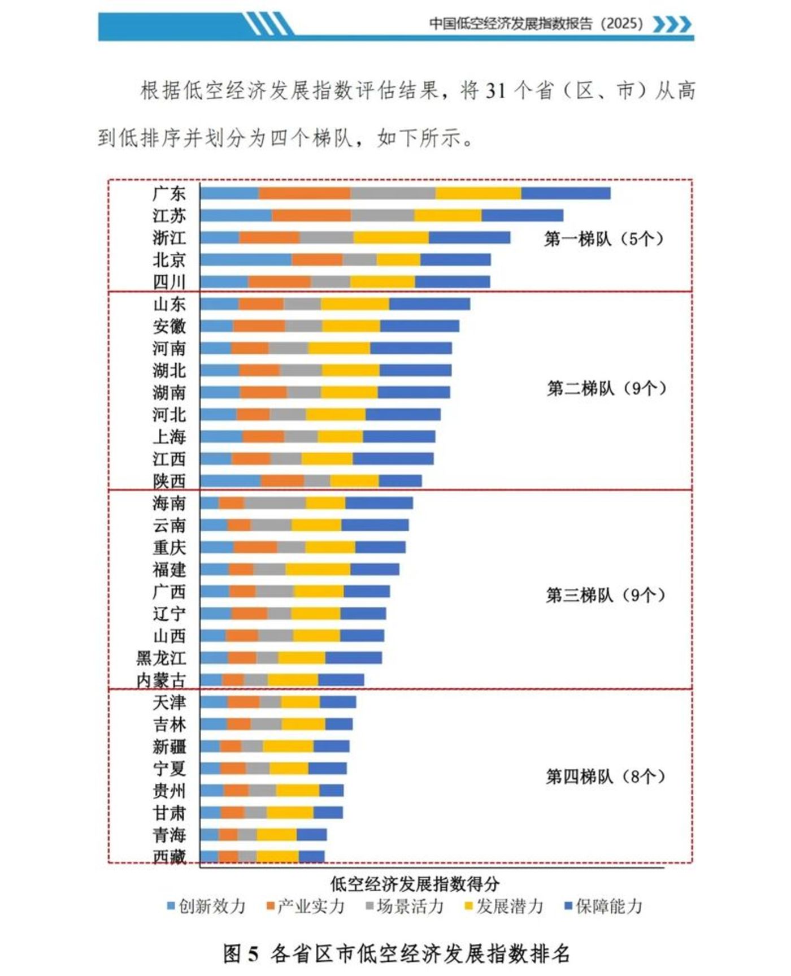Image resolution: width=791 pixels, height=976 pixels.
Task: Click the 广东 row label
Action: point(169,194)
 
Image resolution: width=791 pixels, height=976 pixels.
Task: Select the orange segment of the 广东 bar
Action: point(305,193)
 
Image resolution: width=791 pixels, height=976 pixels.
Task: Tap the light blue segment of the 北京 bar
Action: point(246,259)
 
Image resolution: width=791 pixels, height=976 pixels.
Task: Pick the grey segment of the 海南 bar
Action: point(275,503)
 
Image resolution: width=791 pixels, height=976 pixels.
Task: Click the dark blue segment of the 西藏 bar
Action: point(311,856)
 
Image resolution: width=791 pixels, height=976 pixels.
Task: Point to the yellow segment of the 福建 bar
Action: point(318,569)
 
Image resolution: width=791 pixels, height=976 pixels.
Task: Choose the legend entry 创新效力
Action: point(207,906)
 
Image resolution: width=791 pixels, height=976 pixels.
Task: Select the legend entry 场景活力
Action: point(405,906)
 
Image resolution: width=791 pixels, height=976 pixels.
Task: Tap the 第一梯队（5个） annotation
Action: point(603,239)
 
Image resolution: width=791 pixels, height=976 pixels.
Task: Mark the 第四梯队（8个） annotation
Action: point(605,777)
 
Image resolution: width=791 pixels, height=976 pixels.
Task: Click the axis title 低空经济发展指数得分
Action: point(415,884)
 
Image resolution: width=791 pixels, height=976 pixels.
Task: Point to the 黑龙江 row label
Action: point(161,658)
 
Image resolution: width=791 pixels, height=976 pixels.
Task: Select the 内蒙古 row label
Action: point(161,680)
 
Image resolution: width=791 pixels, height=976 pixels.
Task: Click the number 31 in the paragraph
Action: point(495,91)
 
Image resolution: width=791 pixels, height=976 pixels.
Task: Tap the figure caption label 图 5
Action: point(241,954)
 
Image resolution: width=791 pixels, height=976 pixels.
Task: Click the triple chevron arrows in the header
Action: point(672,24)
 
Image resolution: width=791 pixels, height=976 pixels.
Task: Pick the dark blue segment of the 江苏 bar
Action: point(522,215)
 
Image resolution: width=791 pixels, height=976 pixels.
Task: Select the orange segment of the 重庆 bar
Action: point(255,547)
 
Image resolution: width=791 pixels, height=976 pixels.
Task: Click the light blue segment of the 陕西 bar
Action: point(231,481)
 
